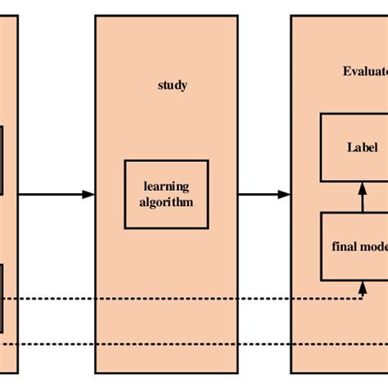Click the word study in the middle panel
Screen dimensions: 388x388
[172, 85]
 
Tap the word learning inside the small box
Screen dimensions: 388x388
[166, 187]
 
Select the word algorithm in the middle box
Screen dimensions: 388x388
[166, 201]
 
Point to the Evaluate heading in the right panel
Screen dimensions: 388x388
[364, 70]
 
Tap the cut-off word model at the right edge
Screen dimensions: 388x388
[376, 246]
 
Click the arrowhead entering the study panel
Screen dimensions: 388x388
[89, 194]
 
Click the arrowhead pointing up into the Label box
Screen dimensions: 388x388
[363, 187]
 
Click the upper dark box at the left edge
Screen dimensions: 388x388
[2, 160]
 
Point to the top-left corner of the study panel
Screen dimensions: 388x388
[96, 16]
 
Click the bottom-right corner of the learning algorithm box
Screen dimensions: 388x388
[208, 228]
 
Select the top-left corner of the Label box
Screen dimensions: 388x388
[320, 115]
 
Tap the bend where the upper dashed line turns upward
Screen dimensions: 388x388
[363, 299]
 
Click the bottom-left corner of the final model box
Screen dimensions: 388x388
[320, 279]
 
